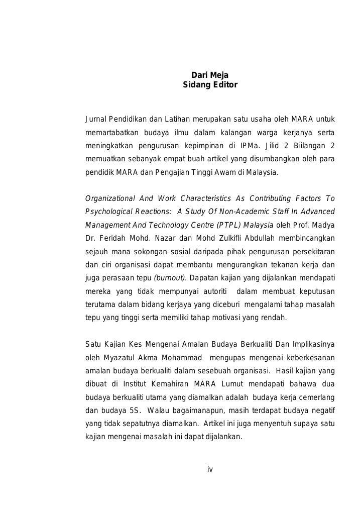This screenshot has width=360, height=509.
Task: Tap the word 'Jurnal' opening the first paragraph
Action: tap(96, 119)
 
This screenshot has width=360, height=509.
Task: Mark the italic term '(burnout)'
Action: tap(170, 278)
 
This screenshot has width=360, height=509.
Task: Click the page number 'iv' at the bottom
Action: tap(210, 469)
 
